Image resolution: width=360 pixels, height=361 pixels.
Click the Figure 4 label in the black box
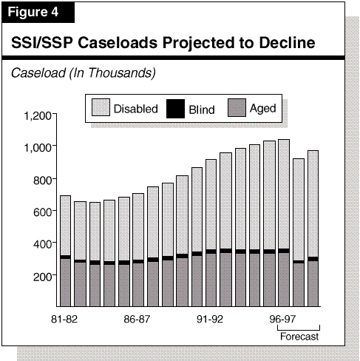[33, 12]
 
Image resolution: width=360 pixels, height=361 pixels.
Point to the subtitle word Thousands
[122, 73]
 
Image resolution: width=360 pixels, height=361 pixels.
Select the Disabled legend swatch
[101, 107]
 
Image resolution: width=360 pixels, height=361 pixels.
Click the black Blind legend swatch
[175, 109]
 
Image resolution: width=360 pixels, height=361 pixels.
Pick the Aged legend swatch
[237, 107]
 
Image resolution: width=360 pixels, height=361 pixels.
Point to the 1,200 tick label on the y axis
[38, 115]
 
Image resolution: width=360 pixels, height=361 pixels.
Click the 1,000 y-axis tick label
[38, 147]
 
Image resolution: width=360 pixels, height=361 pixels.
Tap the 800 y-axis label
[42, 180]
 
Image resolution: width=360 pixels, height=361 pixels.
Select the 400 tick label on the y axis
[42, 244]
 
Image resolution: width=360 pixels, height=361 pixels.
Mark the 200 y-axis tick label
[42, 277]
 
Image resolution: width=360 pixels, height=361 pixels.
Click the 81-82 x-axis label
[64, 319]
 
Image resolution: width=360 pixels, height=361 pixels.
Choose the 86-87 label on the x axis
[137, 319]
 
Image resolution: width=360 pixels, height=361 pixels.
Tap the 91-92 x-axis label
[210, 319]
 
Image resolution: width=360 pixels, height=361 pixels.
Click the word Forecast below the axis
[299, 337]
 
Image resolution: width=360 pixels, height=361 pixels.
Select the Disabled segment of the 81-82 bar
[65, 226]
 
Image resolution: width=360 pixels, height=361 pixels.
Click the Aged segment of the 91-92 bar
[211, 280]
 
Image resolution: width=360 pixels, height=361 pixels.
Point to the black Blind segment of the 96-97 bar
[284, 251]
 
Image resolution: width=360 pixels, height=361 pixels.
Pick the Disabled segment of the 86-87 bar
[138, 226]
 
